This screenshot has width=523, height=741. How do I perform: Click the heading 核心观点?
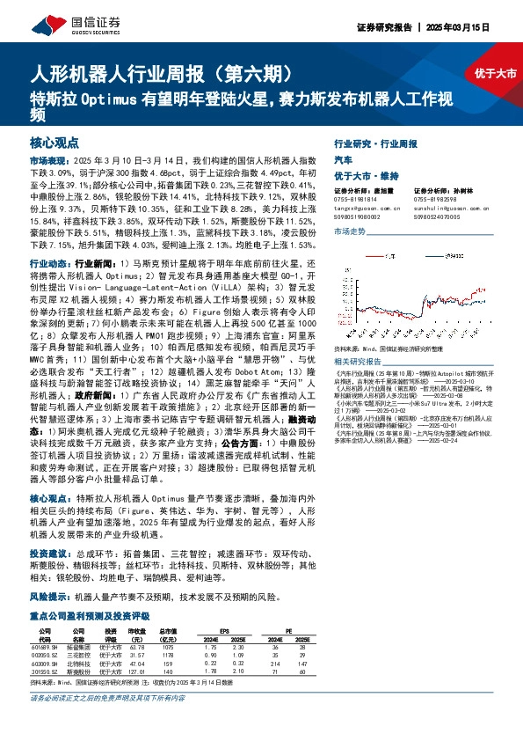54,142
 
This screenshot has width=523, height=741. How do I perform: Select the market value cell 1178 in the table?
167,655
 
